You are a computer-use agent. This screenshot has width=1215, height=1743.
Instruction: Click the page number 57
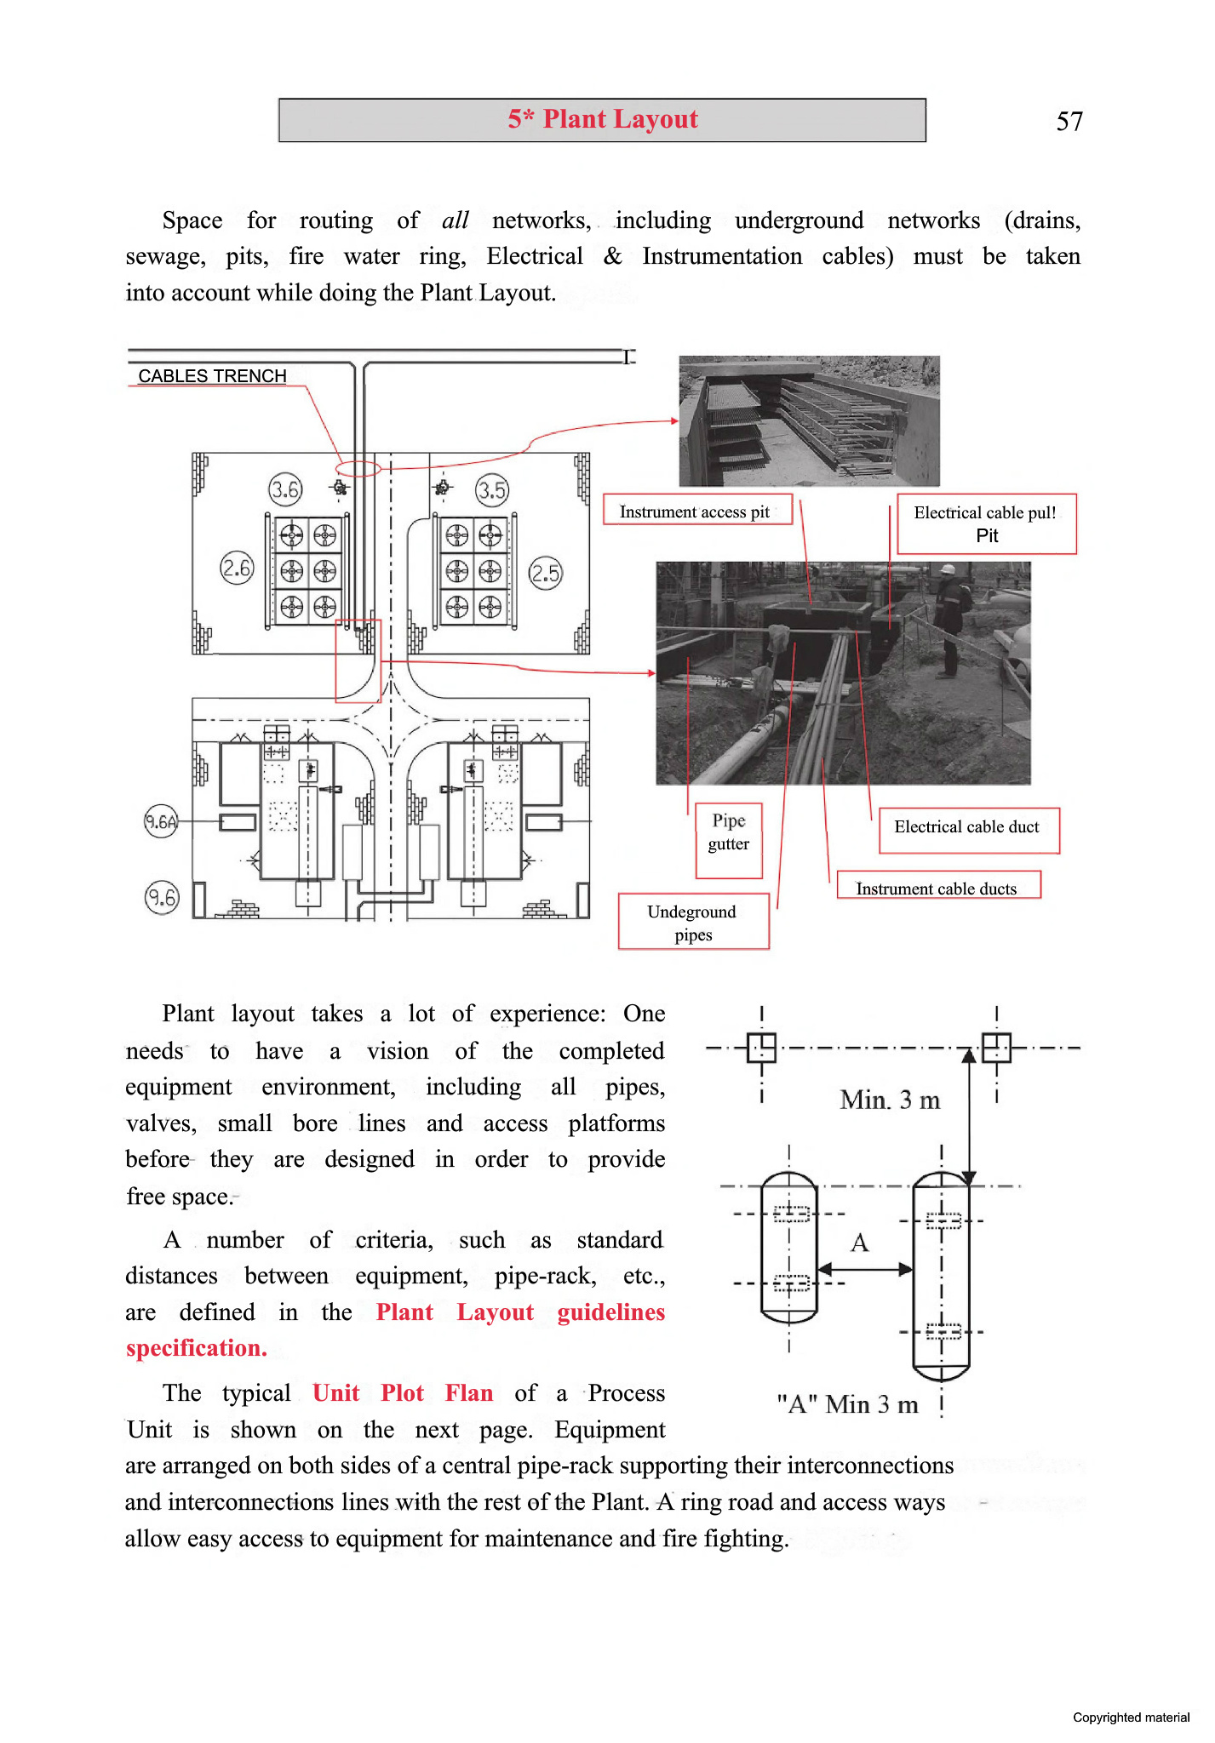tap(1069, 122)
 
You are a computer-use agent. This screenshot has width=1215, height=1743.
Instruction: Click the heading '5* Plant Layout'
tap(603, 119)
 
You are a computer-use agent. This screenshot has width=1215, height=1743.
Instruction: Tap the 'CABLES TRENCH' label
tap(212, 376)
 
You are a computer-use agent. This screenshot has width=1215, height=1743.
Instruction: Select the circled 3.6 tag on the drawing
tap(285, 489)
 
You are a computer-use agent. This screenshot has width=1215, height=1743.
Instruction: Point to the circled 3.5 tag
tap(492, 490)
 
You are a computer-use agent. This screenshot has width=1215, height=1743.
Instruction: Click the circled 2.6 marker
tap(237, 569)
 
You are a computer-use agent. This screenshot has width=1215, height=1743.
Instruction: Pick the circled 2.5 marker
tap(546, 574)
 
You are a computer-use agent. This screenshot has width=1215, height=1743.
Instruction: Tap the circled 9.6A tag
tap(161, 822)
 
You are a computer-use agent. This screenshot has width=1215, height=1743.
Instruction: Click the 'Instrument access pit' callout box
tap(696, 511)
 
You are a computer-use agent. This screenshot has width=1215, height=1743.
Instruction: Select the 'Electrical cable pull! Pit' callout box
tap(986, 524)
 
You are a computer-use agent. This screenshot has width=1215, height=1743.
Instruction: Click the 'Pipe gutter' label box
tap(729, 832)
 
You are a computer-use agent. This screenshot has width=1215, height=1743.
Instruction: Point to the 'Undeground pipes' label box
tap(693, 923)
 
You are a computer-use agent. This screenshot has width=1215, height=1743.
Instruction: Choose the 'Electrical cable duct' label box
tap(967, 827)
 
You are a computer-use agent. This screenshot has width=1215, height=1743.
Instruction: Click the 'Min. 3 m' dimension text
tap(891, 1100)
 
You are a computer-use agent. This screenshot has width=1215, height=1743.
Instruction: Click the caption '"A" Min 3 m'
tap(848, 1404)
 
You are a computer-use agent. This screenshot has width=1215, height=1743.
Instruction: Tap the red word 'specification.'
tap(197, 1349)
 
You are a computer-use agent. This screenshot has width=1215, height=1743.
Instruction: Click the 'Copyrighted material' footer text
tap(1131, 1717)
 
